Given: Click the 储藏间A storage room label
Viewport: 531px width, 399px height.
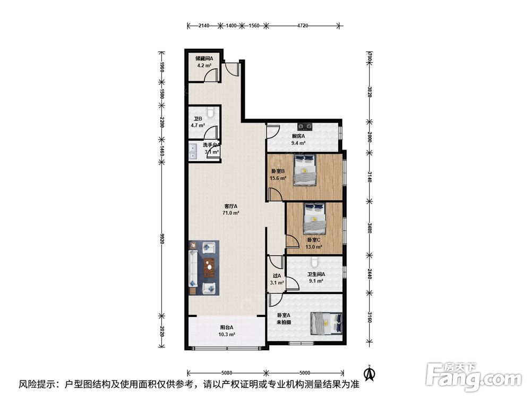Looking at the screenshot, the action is pyautogui.click(x=204, y=59).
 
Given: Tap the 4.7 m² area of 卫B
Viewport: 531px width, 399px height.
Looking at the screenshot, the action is pyautogui.click(x=198, y=125).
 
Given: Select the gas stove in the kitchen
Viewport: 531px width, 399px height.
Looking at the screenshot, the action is pyautogui.click(x=304, y=127).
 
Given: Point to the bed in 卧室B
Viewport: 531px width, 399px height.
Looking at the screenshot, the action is pyautogui.click(x=305, y=170).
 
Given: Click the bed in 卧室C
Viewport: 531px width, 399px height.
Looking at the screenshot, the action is pyautogui.click(x=314, y=219).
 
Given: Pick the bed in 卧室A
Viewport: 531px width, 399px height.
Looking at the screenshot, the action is pyautogui.click(x=327, y=323).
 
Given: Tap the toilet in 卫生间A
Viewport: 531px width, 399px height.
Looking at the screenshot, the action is pyautogui.click(x=314, y=261).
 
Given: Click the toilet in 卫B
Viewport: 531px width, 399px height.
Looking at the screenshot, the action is pyautogui.click(x=211, y=112).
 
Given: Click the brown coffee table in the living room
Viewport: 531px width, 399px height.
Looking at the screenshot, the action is pyautogui.click(x=209, y=268).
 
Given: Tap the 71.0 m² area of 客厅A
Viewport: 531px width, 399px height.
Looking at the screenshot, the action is pyautogui.click(x=231, y=213).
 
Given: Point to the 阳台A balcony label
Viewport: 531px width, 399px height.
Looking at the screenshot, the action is pyautogui.click(x=227, y=327).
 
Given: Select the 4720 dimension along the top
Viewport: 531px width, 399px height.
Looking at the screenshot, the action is pyautogui.click(x=303, y=26).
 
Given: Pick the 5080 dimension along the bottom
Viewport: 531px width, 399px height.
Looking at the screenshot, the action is pyautogui.click(x=227, y=373).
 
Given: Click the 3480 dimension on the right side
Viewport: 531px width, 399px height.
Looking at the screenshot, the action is pyautogui.click(x=370, y=227).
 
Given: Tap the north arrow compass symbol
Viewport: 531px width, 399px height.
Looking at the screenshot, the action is pyautogui.click(x=370, y=372).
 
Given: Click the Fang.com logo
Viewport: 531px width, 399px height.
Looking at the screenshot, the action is pyautogui.click(x=474, y=376).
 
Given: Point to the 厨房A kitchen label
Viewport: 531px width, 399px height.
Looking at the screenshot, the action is pyautogui.click(x=298, y=136).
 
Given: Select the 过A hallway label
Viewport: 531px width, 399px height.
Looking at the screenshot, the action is pyautogui.click(x=277, y=276).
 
